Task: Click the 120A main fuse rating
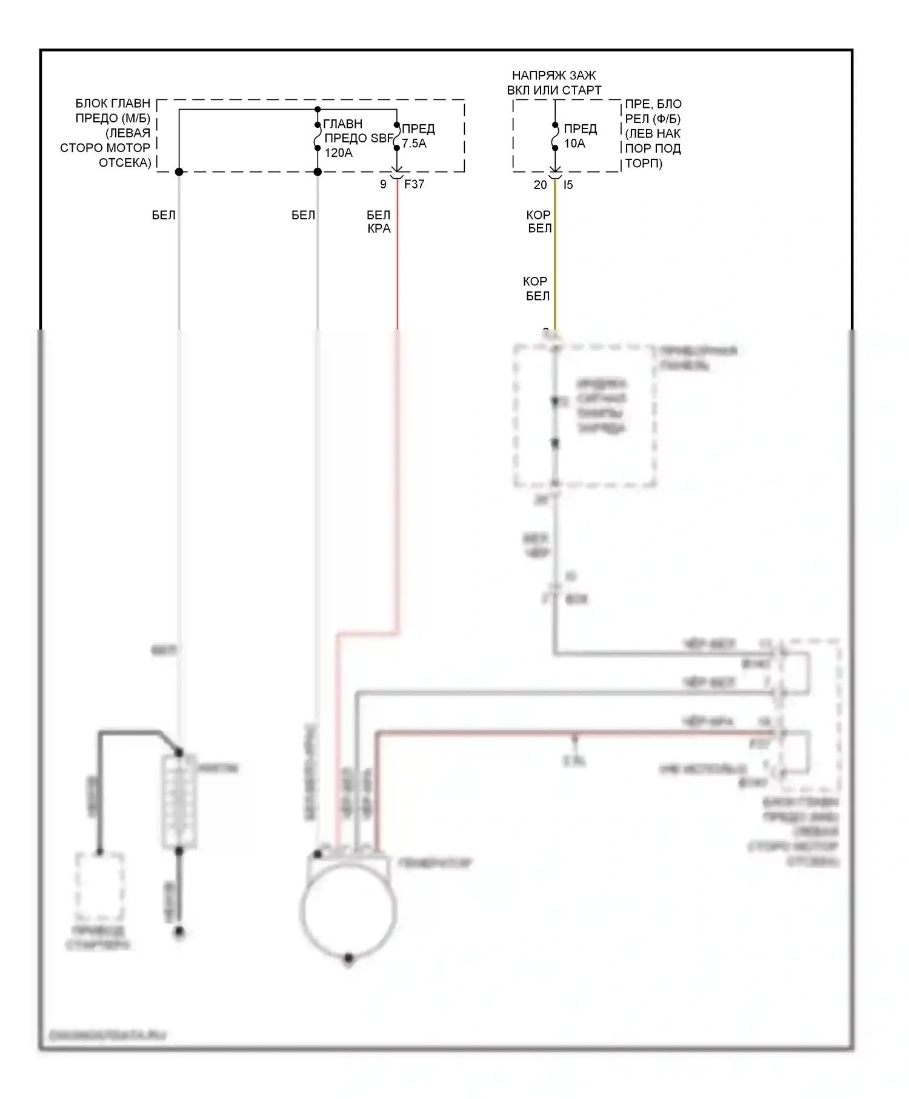pos(338,153)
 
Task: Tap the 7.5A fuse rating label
pos(414,144)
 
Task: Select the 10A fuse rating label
pos(574,144)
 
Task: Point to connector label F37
pos(414,184)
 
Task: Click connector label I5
pos(568,185)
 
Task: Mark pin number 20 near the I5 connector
pos(540,185)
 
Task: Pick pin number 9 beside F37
pos(383,184)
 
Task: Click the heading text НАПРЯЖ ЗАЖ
pos(554,76)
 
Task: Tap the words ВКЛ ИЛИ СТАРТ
pos(554,90)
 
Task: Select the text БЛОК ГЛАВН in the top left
pos(113,104)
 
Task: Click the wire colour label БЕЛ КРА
pos(379,222)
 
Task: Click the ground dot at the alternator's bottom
pos(348,958)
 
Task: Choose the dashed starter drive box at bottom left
pos(100,887)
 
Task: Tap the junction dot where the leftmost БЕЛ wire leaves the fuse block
pos(179,172)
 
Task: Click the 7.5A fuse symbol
pos(397,137)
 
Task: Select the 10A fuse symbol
pos(555,137)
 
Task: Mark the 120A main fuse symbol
pos(318,137)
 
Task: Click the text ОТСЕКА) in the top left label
pos(125,162)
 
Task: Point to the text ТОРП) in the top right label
pos(644,163)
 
